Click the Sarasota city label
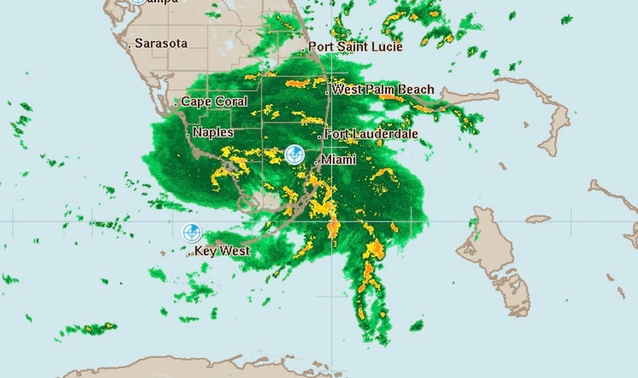[161, 44]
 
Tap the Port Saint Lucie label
[355, 47]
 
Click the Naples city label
[213, 133]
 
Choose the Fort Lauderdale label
[371, 134]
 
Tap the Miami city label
[338, 160]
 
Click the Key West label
[222, 250]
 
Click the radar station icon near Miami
[294, 155]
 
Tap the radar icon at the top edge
[136, 2]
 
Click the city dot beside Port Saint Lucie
[303, 50]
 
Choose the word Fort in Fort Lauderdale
[338, 134]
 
